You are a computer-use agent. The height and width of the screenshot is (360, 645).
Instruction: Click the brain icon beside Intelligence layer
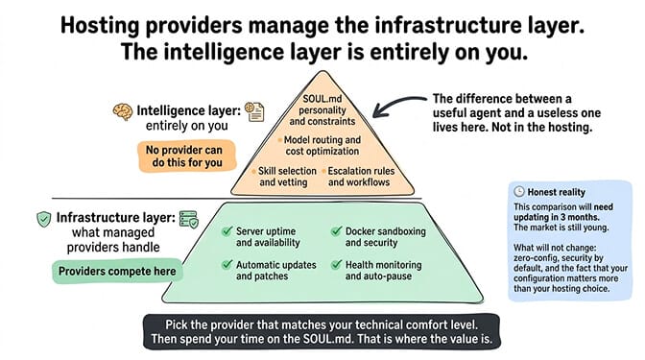123,111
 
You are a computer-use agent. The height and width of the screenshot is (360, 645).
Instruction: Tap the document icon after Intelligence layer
254,111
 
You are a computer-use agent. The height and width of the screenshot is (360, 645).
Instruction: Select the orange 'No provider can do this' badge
187,156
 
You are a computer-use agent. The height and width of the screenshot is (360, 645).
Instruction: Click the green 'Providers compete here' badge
117,271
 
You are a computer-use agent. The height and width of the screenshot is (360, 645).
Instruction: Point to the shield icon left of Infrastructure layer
44,219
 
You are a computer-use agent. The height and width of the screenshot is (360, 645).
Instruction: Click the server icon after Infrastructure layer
189,219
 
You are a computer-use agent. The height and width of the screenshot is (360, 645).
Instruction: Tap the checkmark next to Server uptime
227,231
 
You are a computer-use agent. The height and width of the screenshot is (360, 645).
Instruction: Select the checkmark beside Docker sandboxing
336,231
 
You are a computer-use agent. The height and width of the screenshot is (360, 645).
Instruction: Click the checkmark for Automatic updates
227,265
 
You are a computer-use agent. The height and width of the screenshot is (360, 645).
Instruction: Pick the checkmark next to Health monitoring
336,265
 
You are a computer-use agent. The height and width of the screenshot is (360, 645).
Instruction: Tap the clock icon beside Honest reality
519,192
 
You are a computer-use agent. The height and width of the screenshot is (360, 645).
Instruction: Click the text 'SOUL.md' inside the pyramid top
322,99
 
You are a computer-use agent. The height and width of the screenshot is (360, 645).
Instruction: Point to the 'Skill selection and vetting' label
284,177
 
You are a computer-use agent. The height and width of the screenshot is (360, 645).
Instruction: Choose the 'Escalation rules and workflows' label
359,177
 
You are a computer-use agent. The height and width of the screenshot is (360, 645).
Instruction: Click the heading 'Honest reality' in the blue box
556,192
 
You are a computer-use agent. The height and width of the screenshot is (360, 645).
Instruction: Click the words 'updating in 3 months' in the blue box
556,217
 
